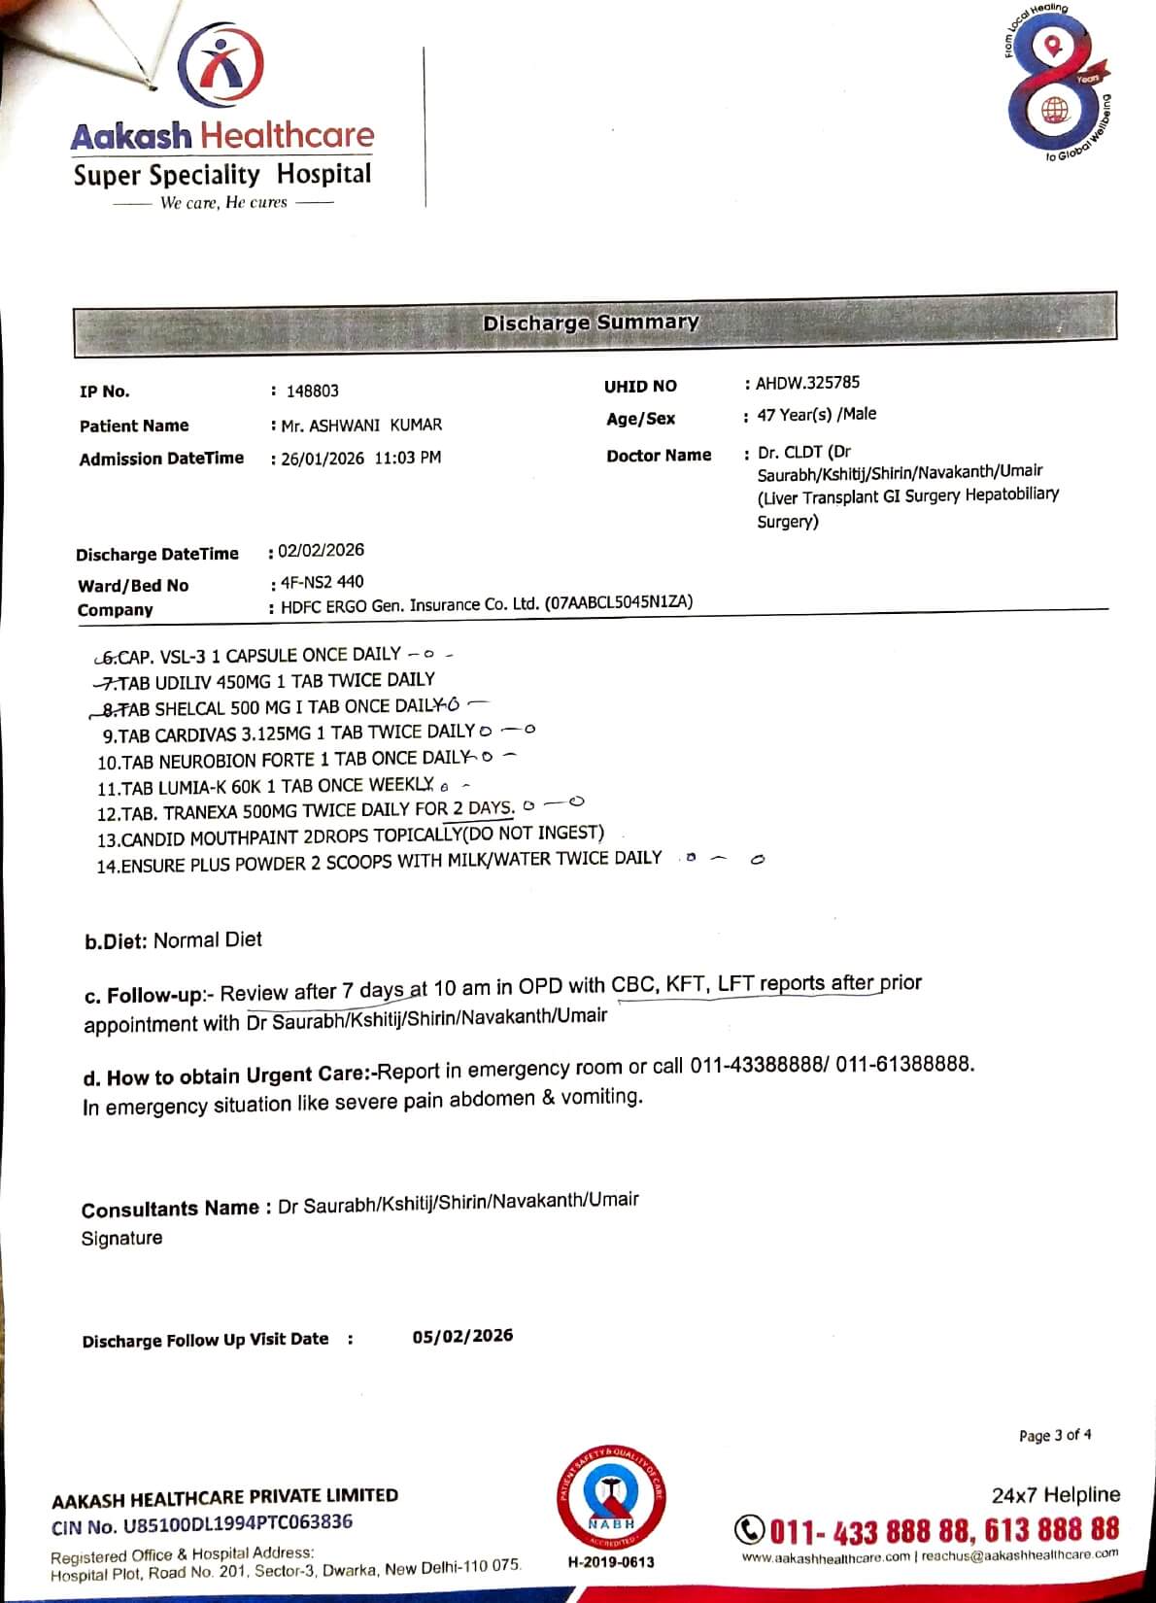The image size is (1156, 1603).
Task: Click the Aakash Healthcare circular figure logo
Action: tap(221, 66)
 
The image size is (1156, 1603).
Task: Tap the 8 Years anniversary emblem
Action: tap(1056, 85)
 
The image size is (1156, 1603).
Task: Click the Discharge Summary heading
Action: tap(591, 323)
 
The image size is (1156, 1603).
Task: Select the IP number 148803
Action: tap(312, 391)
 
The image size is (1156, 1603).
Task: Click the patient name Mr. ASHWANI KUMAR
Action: tap(361, 425)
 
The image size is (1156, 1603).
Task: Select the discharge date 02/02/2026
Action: tap(322, 550)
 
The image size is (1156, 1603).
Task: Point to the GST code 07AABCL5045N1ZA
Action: tap(619, 602)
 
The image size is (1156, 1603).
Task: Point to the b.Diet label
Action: tap(117, 940)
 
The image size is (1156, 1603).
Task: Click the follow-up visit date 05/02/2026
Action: tap(462, 1336)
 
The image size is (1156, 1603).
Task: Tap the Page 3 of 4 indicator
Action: tap(1054, 1435)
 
